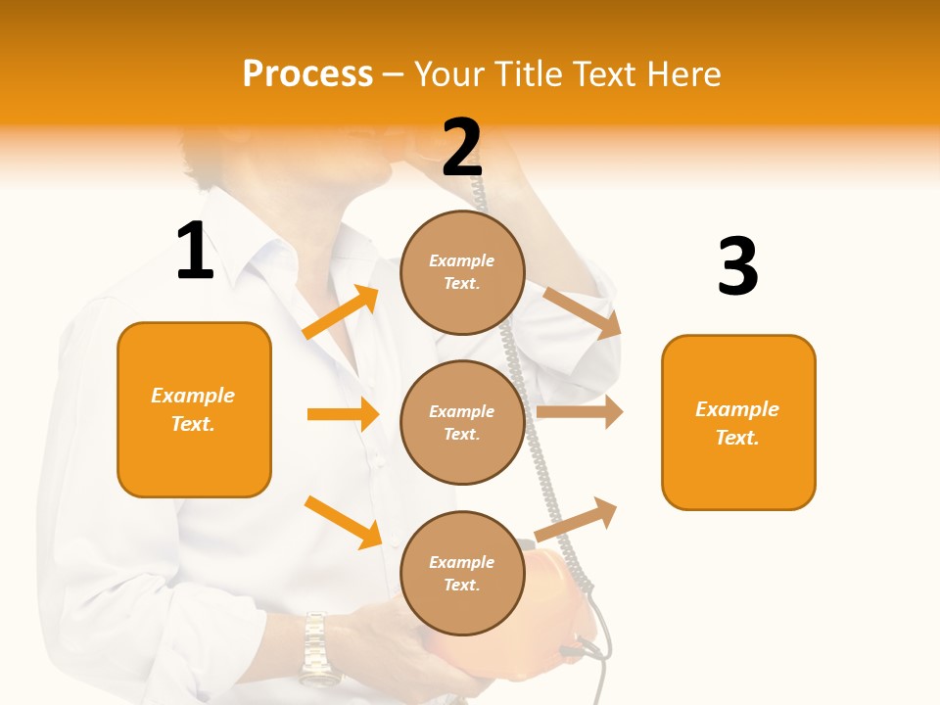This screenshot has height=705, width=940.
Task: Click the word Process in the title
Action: [x=307, y=73]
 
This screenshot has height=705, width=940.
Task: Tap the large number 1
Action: [x=195, y=252]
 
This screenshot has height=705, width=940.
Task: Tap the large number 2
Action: [x=462, y=148]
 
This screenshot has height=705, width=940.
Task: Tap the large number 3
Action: [x=737, y=266]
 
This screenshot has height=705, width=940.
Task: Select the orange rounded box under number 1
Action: [x=194, y=409]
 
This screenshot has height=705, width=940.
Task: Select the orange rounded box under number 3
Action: [x=738, y=422]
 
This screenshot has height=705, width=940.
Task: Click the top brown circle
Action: [x=462, y=272]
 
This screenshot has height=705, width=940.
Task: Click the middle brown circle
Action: [x=462, y=422]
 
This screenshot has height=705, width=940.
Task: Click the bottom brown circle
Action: [x=462, y=573]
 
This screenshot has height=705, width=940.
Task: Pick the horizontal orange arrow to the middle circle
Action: [x=343, y=414]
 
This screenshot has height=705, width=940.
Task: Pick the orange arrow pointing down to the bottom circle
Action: [x=343, y=522]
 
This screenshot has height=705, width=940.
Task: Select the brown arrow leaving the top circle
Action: [x=583, y=313]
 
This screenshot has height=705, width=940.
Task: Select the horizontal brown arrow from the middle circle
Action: [x=580, y=412]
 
